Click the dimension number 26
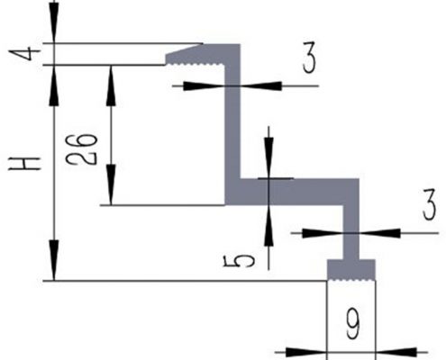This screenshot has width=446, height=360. [82, 149]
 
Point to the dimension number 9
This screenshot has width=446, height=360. [351, 322]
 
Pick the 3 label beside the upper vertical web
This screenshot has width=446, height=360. [308, 62]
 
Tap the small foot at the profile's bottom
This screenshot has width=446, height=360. [350, 269]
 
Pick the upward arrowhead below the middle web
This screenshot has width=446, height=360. [269, 215]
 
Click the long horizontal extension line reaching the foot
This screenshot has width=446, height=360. [180, 281]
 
